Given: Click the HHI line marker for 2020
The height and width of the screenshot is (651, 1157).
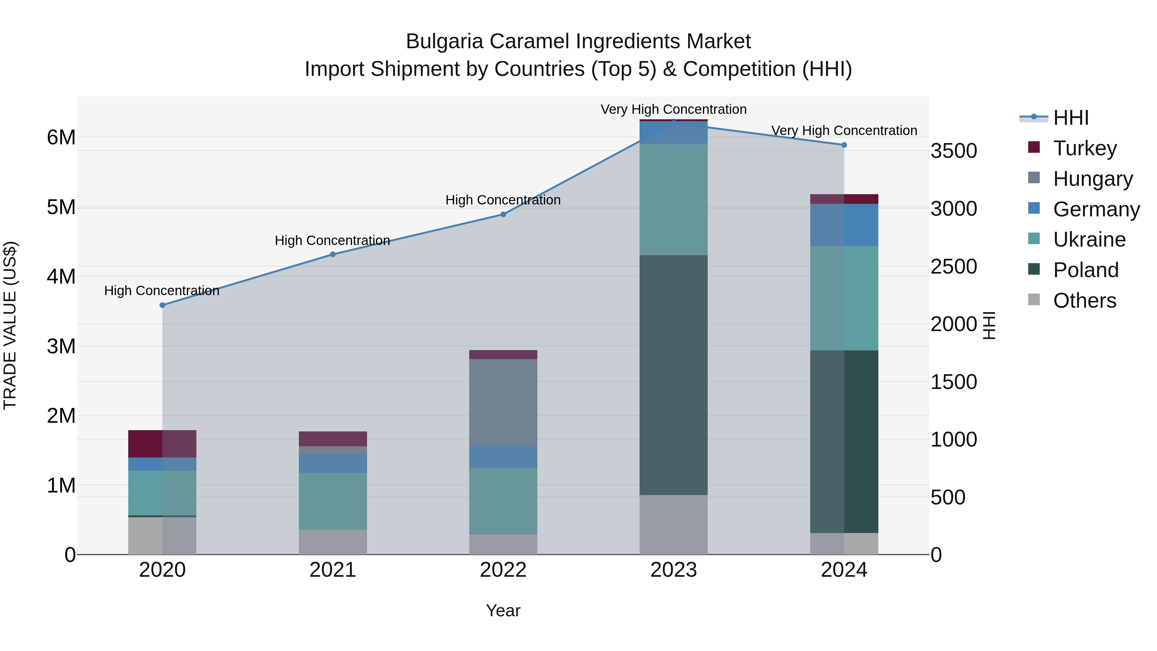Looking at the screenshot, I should [163, 305].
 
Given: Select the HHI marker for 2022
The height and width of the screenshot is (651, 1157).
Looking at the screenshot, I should [503, 214].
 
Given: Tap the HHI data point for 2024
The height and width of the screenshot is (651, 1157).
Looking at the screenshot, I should [844, 145].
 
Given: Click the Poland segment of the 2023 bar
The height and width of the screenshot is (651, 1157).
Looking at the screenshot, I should [673, 375].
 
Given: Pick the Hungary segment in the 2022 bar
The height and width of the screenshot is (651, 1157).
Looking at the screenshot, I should [503, 402].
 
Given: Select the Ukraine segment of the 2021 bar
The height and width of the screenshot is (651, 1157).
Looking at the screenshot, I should [333, 501].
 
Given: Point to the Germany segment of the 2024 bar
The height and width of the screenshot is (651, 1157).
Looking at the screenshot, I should [844, 225].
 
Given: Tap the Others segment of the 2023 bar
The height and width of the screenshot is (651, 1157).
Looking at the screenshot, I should [673, 524].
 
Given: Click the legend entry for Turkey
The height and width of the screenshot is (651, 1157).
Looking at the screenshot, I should [1084, 148].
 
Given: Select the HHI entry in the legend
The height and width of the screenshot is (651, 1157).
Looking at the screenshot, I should [1071, 118].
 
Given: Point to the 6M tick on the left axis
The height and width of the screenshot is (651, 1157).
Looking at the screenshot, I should [61, 138].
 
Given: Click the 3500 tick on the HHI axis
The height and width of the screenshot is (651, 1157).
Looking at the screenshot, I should [954, 151].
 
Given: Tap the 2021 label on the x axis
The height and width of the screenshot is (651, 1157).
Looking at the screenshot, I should [333, 570].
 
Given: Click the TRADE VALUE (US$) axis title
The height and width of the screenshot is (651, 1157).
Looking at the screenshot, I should [10, 325].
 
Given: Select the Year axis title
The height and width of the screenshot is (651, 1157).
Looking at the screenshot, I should [503, 610].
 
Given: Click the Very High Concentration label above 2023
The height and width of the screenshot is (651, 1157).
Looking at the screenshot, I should [673, 109].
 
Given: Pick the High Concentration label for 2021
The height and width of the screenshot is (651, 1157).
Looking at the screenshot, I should [332, 240].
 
